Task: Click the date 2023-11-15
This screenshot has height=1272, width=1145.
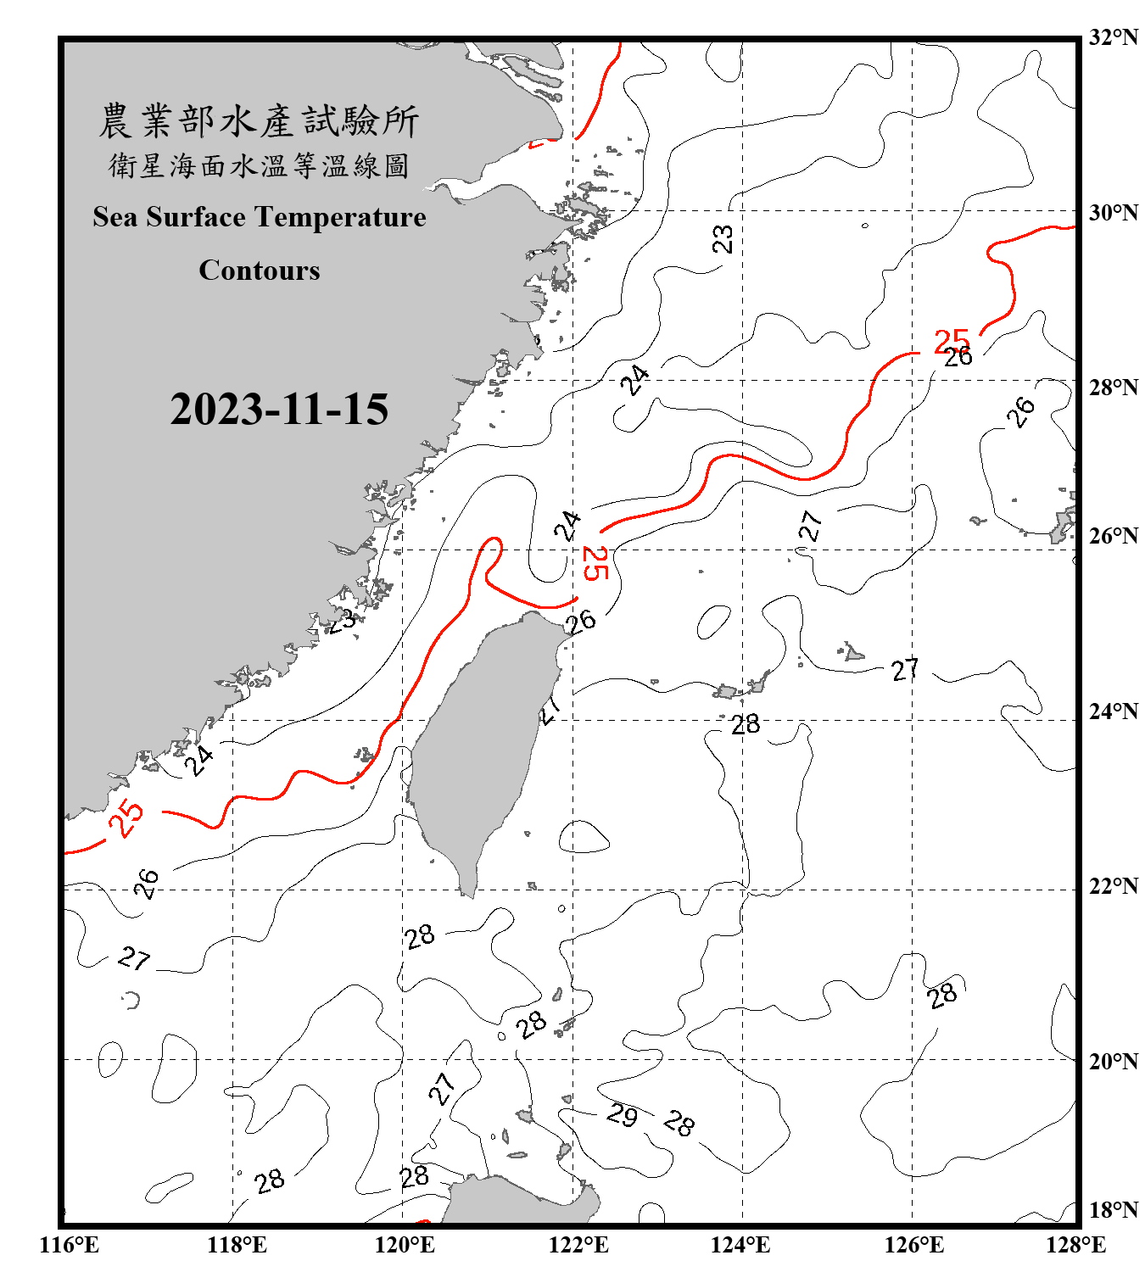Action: tap(279, 409)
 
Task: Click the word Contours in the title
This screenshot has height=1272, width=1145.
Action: tap(260, 270)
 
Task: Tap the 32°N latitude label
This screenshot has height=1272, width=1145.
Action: tap(1113, 36)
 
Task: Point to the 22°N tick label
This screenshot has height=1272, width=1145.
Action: tap(1113, 885)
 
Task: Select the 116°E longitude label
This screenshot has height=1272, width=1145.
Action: tap(70, 1245)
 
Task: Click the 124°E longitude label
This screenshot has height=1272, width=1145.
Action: tap(740, 1245)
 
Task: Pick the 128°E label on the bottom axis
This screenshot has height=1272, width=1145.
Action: tap(1075, 1245)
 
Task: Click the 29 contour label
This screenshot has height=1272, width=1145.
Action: tap(622, 1114)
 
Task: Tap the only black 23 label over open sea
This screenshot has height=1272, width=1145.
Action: tap(722, 238)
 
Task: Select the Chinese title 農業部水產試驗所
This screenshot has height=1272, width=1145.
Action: tap(259, 121)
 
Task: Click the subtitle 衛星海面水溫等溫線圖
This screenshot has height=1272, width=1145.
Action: tap(259, 165)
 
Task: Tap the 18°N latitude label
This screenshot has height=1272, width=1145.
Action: tap(1113, 1209)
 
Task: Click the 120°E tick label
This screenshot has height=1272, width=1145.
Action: tap(405, 1245)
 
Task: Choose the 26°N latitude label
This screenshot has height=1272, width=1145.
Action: tap(1113, 535)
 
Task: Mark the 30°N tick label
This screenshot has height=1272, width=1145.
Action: tap(1113, 212)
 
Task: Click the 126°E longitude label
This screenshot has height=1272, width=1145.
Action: tap(913, 1245)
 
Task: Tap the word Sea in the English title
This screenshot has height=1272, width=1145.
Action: tap(116, 217)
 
